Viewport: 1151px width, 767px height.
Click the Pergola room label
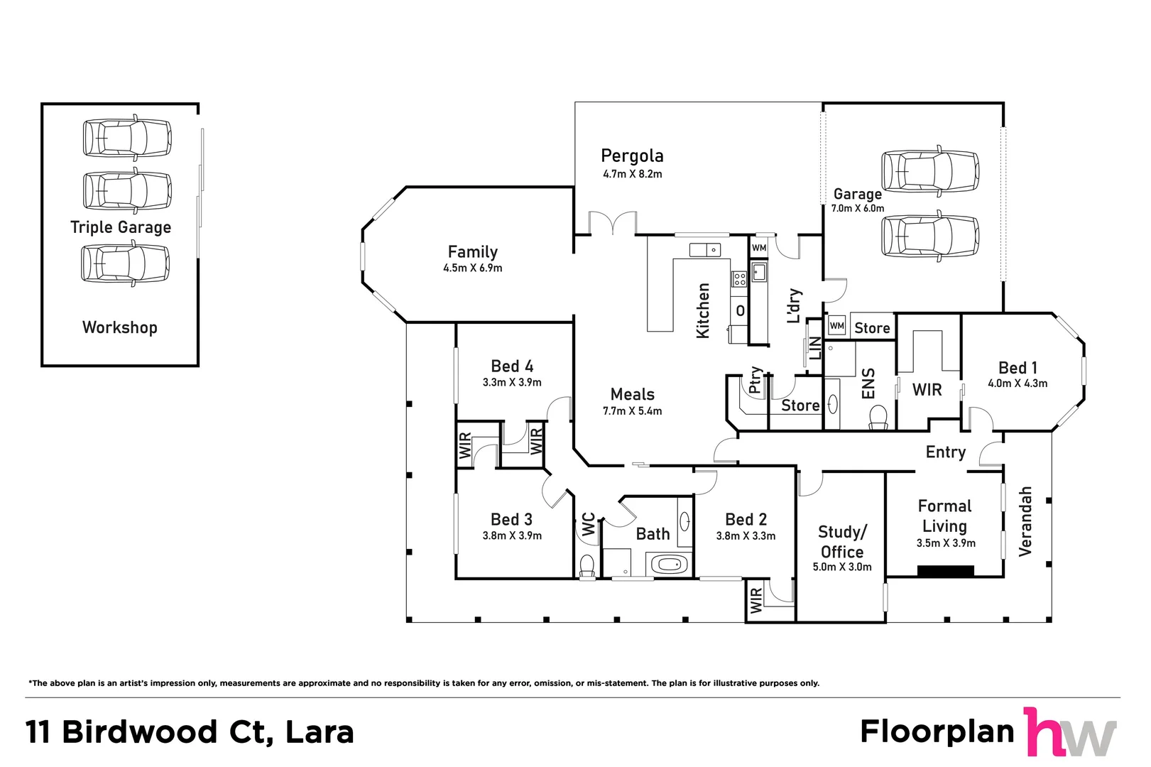click(631, 156)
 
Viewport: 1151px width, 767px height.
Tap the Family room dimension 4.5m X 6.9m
click(472, 268)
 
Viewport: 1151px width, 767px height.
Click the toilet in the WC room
click(587, 565)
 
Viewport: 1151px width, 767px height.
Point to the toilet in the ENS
click(878, 417)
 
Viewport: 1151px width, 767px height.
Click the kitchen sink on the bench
click(704, 250)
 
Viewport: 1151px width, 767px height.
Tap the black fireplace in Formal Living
click(945, 570)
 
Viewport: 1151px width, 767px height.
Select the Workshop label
click(119, 327)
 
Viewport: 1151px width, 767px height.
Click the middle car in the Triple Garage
click(127, 191)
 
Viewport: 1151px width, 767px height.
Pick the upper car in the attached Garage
click(930, 171)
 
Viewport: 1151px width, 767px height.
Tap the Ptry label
click(755, 380)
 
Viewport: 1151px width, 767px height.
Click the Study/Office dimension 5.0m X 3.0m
click(841, 567)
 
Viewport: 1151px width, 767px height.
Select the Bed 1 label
click(1017, 368)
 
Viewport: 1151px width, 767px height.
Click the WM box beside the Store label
click(836, 326)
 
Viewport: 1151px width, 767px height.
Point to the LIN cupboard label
click(815, 349)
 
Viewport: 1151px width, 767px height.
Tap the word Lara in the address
click(319, 732)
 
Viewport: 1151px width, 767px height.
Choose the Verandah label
click(1025, 521)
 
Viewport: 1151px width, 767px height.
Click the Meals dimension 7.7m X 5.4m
click(632, 411)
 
